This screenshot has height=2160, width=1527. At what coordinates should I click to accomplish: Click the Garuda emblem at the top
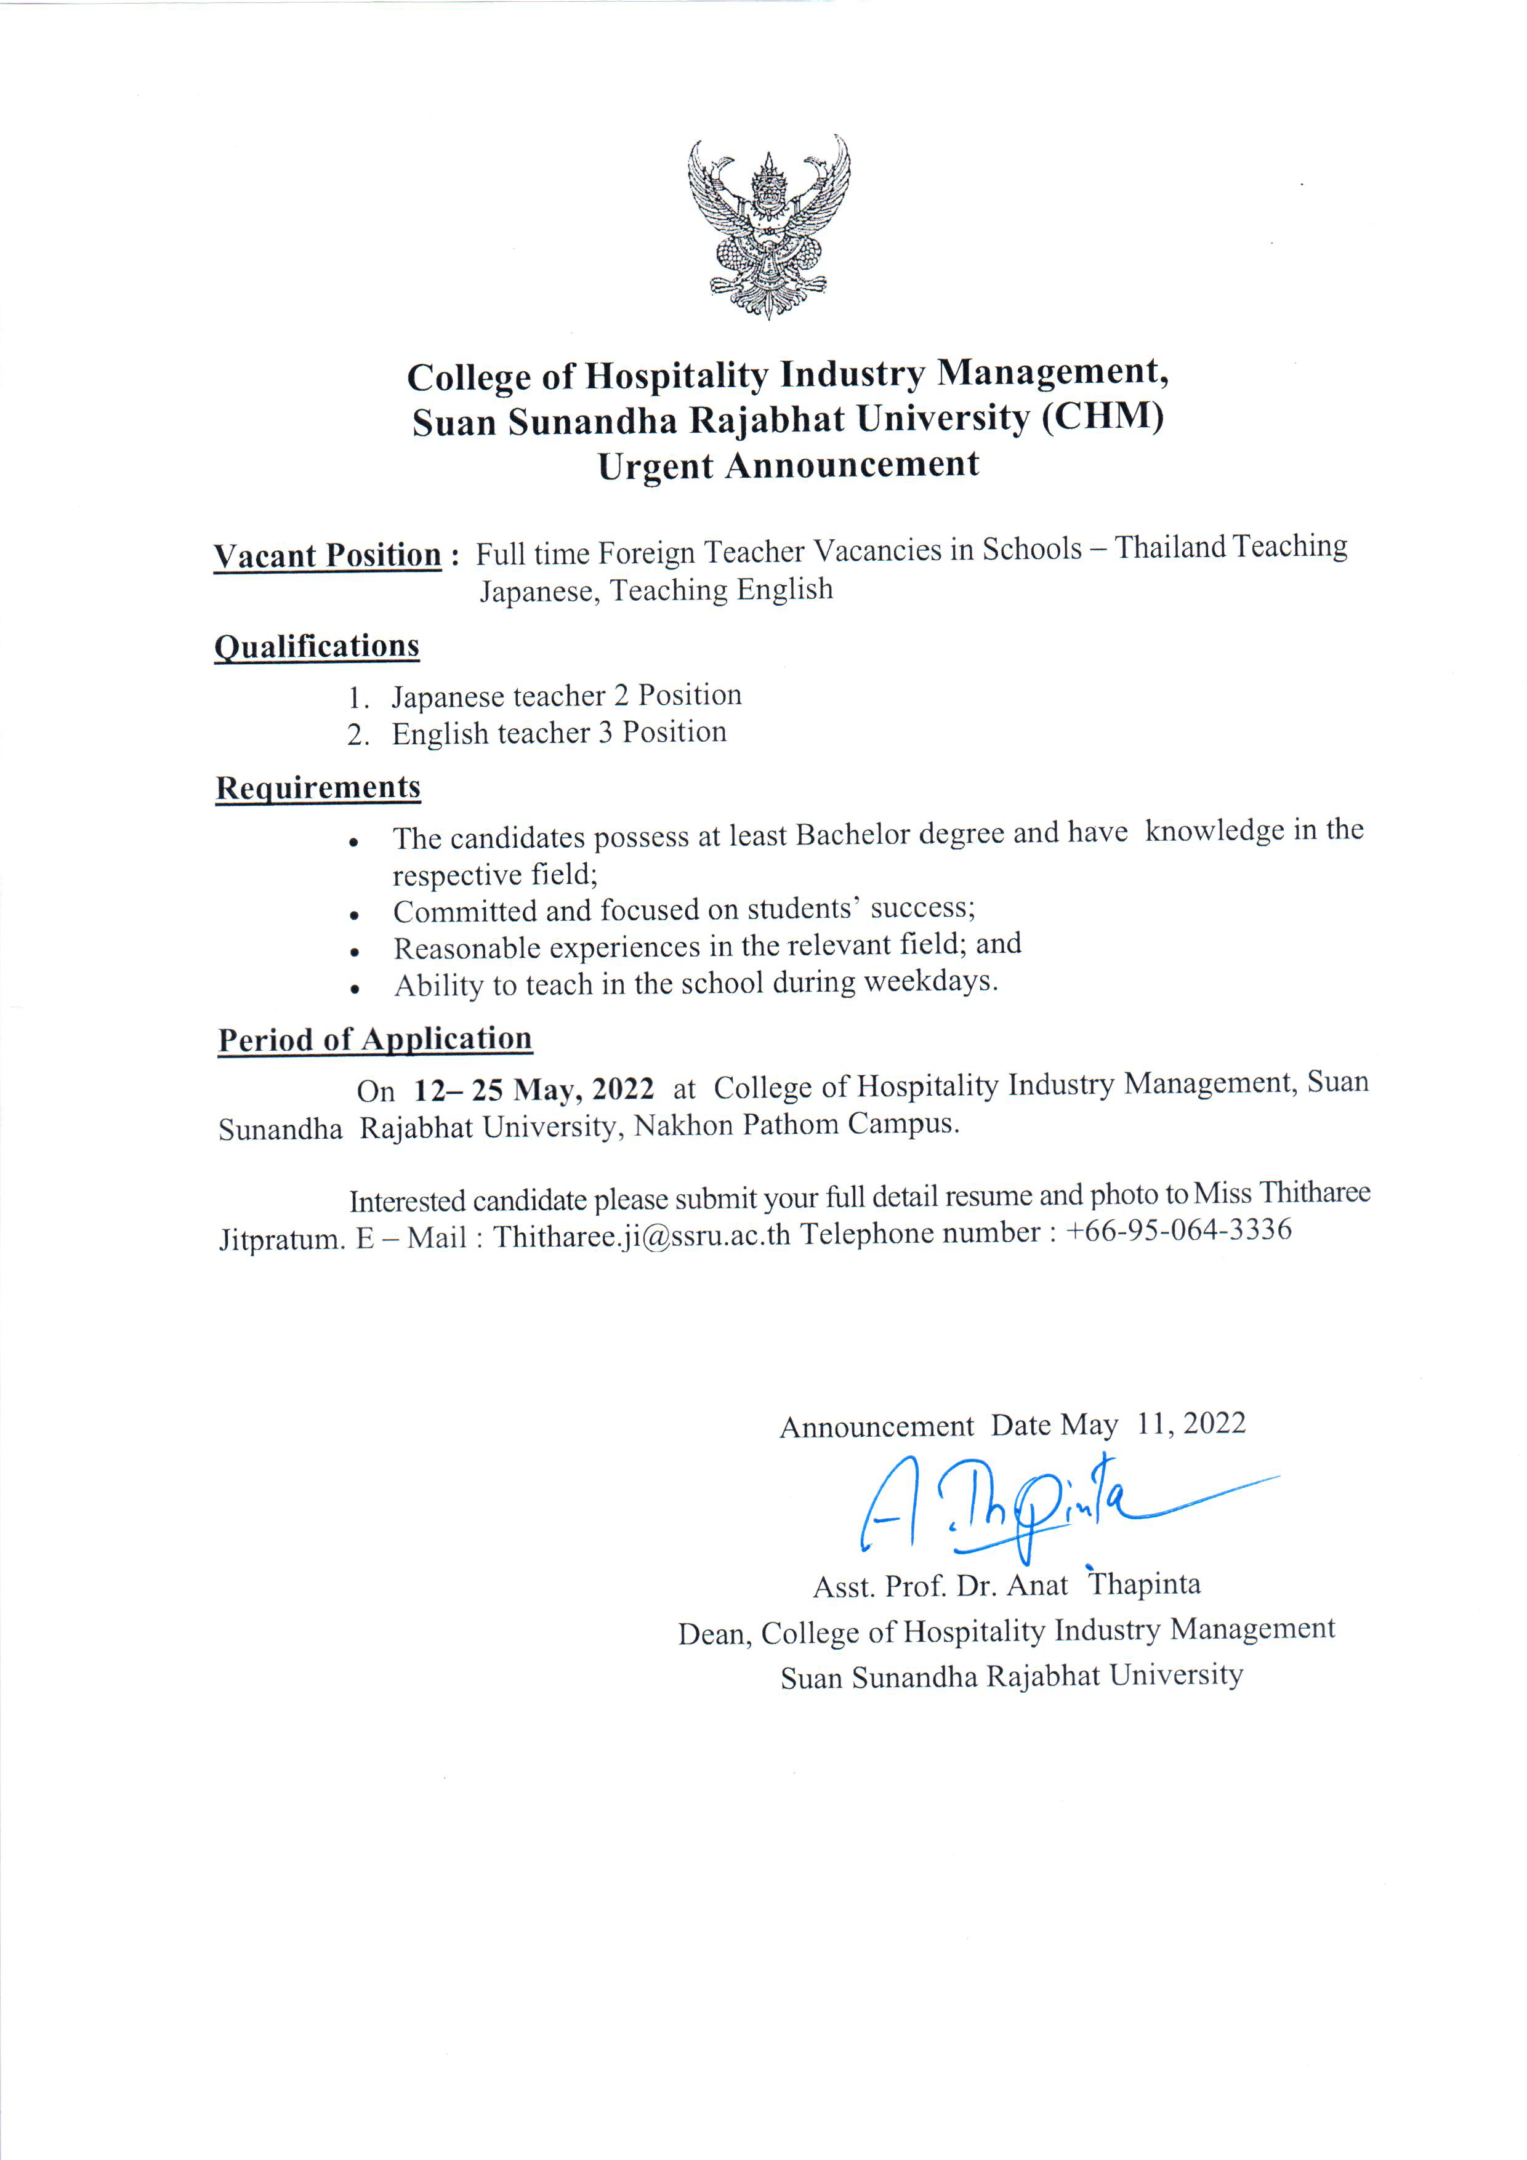click(x=768, y=226)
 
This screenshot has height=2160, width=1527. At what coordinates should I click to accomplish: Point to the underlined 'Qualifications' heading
click(x=317, y=646)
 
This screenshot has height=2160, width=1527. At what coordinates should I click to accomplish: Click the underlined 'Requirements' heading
click(x=318, y=787)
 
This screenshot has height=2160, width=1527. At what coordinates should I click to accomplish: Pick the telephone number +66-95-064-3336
click(x=1179, y=1230)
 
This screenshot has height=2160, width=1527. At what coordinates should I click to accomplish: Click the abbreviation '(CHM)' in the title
click(x=1103, y=417)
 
